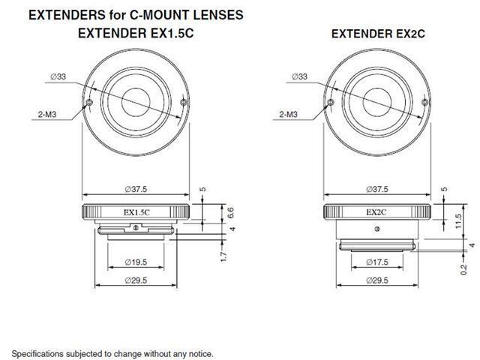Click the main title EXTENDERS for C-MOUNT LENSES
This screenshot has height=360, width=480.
coord(127,14)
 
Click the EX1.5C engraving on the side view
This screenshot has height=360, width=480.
coord(136,212)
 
